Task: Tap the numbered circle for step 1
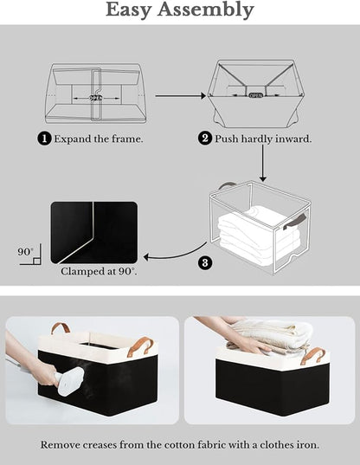pyautogui.click(x=43, y=138)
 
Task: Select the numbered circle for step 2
pyautogui.click(x=205, y=138)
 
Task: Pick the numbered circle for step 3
pyautogui.click(x=205, y=262)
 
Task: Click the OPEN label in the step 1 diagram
pyautogui.click(x=96, y=98)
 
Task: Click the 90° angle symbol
pyautogui.click(x=27, y=253)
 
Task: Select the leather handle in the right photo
pyautogui.click(x=312, y=355)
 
